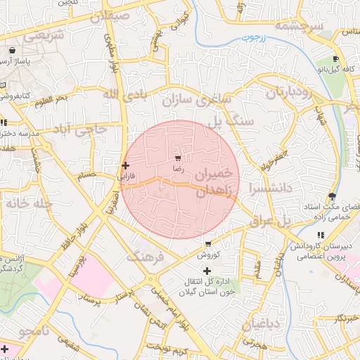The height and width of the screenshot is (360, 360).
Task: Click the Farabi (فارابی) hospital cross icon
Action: pyautogui.click(x=126, y=166)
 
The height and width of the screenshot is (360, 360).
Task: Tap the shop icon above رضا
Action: pyautogui.click(x=178, y=157)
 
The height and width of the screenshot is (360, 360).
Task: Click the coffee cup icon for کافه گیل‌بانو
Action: pyautogui.click(x=335, y=58)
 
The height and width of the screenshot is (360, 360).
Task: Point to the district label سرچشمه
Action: pyautogui.click(x=298, y=26)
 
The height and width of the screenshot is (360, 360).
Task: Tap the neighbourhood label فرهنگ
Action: pyautogui.click(x=145, y=257)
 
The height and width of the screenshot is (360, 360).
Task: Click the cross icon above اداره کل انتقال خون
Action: pyautogui.click(x=206, y=271)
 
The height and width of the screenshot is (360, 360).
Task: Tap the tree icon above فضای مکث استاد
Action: pyautogui.click(x=332, y=196)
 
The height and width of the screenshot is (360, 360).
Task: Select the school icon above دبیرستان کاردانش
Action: pyautogui.click(x=321, y=235)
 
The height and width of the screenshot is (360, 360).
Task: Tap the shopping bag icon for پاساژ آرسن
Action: pyautogui.click(x=13, y=51)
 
